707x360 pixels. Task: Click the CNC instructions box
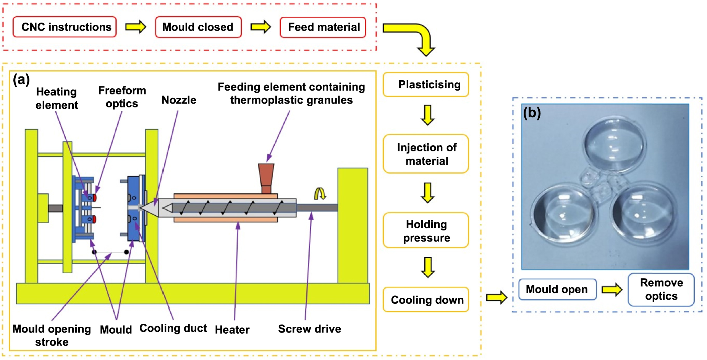tap(65, 27)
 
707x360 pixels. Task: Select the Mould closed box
tap(198, 27)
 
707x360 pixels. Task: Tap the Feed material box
tap(323, 27)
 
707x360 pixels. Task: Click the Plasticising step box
tap(426, 84)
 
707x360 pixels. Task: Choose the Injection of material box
tap(426, 154)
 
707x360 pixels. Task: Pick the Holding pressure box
tap(426, 231)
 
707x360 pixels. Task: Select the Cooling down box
tap(426, 300)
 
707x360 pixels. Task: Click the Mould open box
tap(557, 289)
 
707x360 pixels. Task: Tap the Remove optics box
tap(661, 289)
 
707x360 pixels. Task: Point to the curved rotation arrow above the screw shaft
tap(319, 193)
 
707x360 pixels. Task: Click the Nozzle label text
tap(179, 100)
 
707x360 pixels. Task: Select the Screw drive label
tap(309, 329)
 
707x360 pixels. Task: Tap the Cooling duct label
tap(173, 328)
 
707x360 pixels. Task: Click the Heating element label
tap(57, 98)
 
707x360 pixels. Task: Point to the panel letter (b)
tap(532, 113)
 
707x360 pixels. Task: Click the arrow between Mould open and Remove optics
tap(612, 289)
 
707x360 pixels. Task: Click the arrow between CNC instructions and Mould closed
tap(136, 27)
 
